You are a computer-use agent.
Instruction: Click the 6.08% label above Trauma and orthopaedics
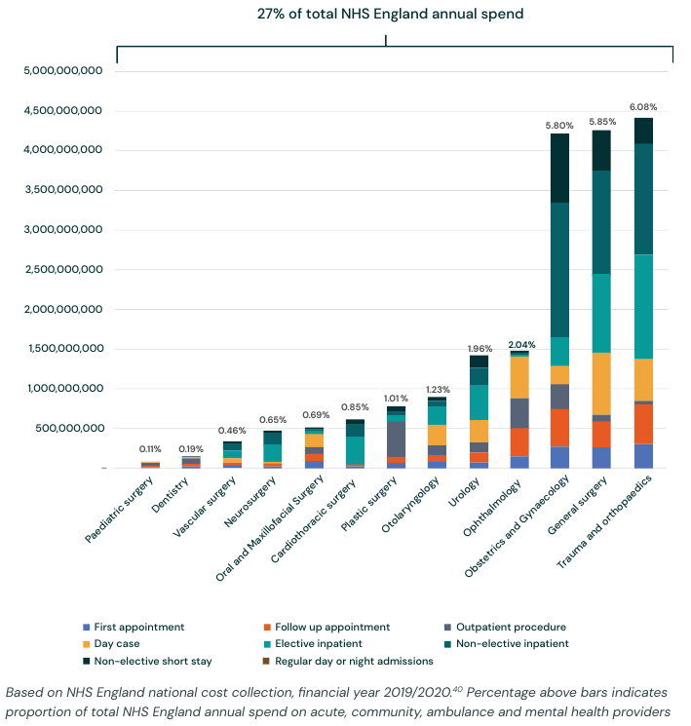[x=643, y=106]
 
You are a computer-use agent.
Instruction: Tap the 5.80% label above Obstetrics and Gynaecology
[x=559, y=126]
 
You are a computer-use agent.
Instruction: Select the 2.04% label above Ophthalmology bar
[x=521, y=344]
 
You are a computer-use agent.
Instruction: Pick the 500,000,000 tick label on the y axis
[x=64, y=429]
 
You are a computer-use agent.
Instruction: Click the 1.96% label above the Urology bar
[x=480, y=348]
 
